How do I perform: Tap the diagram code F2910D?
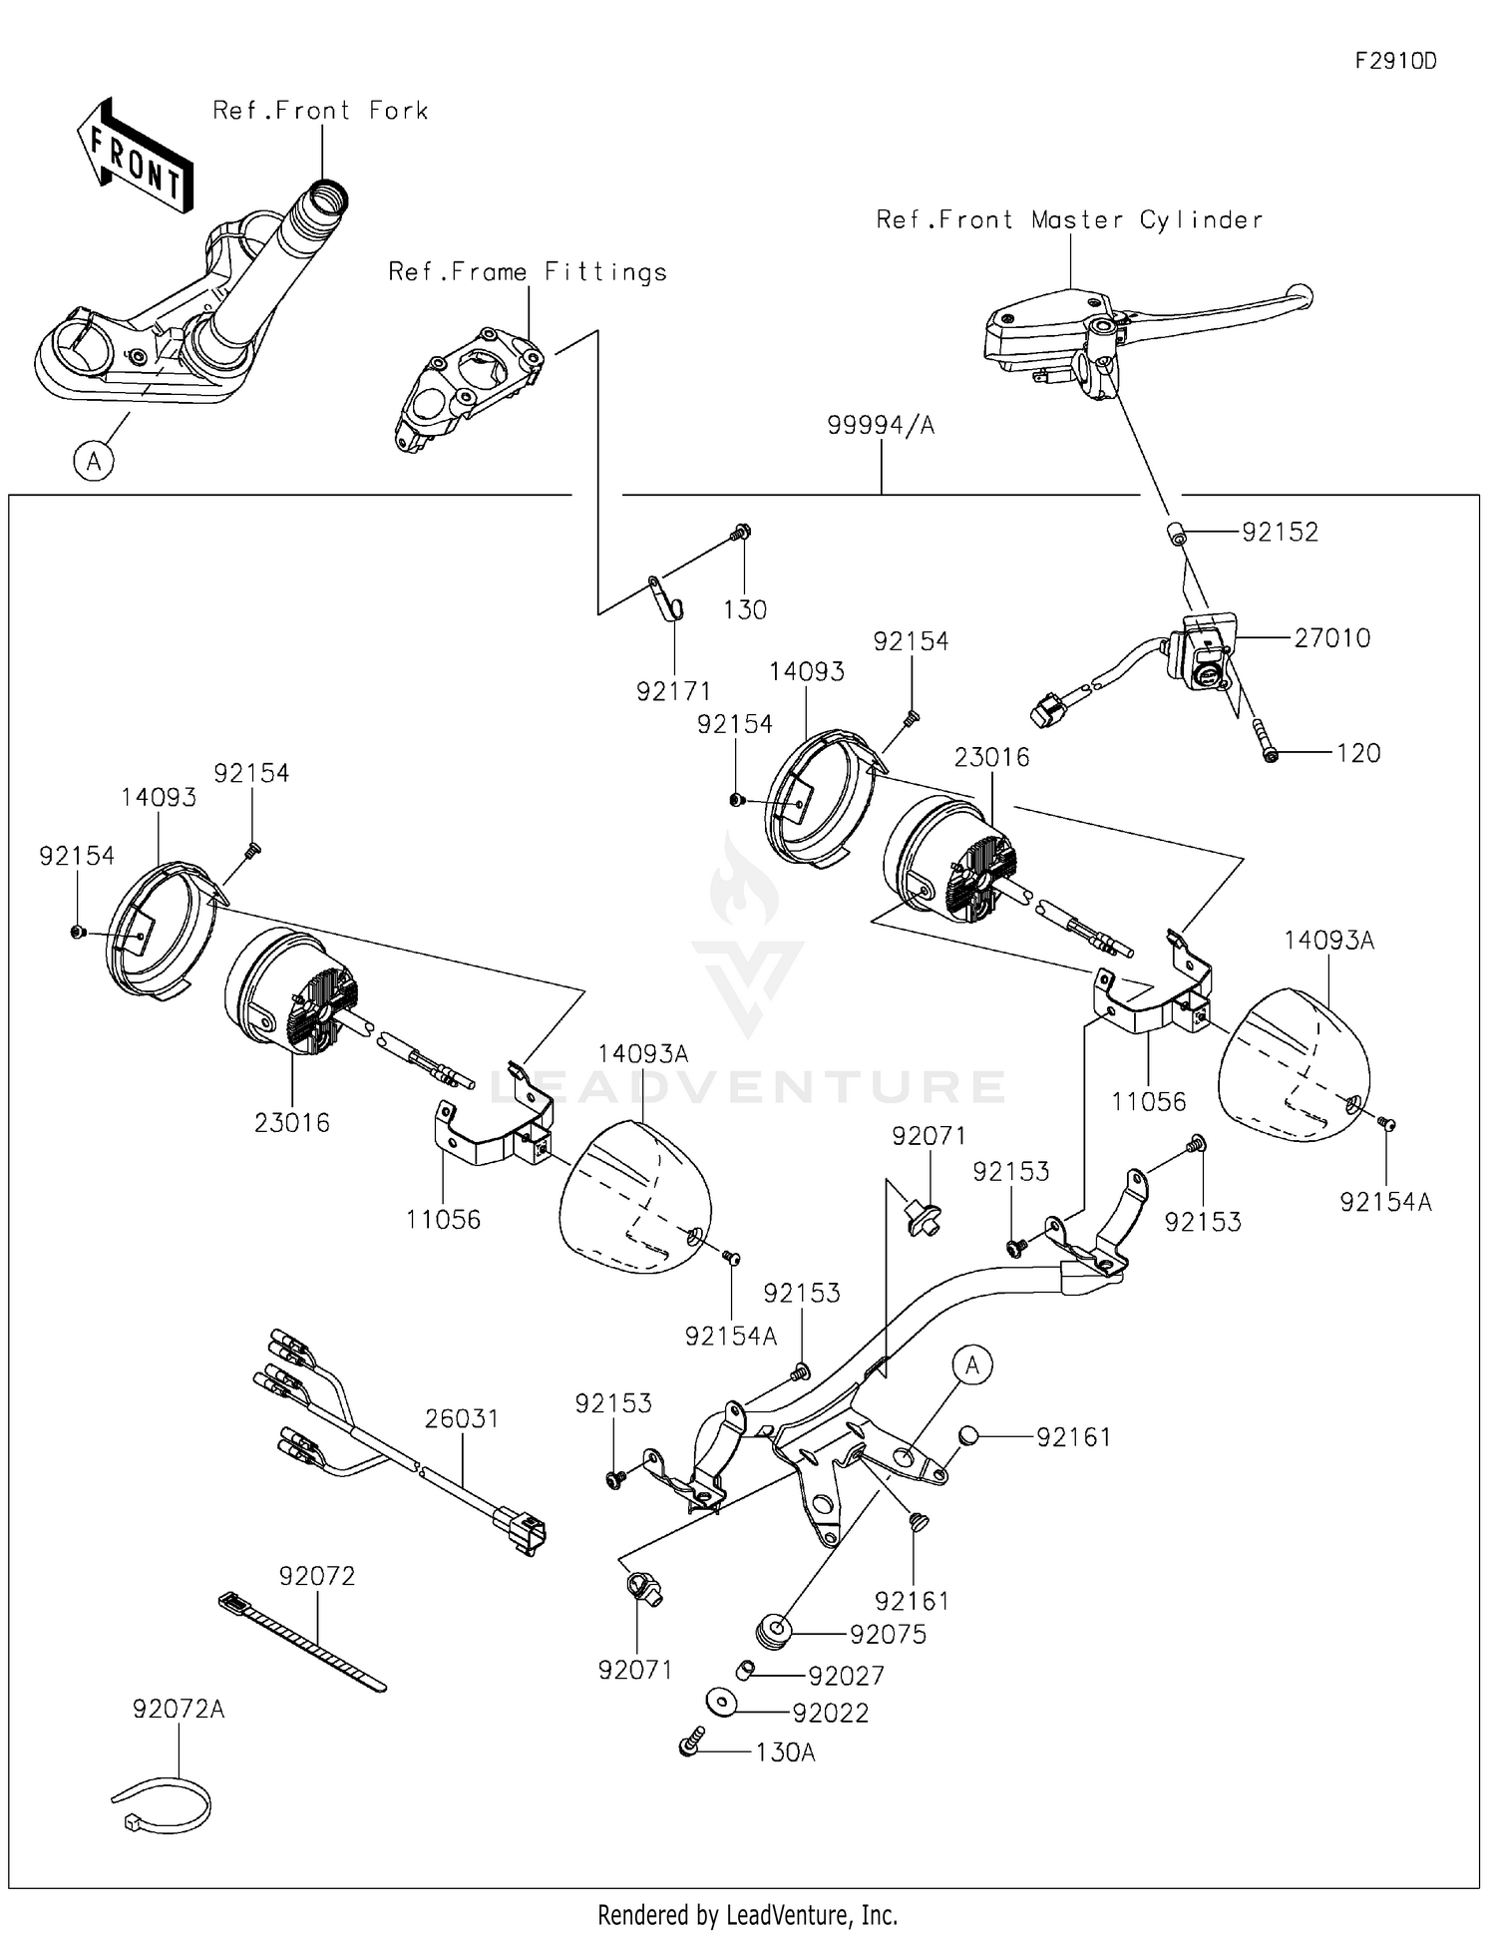(1395, 61)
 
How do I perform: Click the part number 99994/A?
(881, 426)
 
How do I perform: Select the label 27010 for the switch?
(1331, 638)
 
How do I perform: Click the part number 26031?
(462, 1418)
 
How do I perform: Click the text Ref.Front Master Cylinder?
(1069, 219)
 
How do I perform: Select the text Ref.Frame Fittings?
(528, 271)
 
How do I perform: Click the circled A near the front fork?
(94, 462)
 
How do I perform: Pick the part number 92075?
(888, 1634)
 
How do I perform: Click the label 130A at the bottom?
(785, 1752)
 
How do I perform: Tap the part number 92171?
(674, 691)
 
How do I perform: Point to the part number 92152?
(1280, 533)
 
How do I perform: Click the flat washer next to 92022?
(720, 1703)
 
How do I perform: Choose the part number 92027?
(846, 1676)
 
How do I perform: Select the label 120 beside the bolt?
(1358, 753)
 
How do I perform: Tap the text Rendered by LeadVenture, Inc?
(747, 1914)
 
